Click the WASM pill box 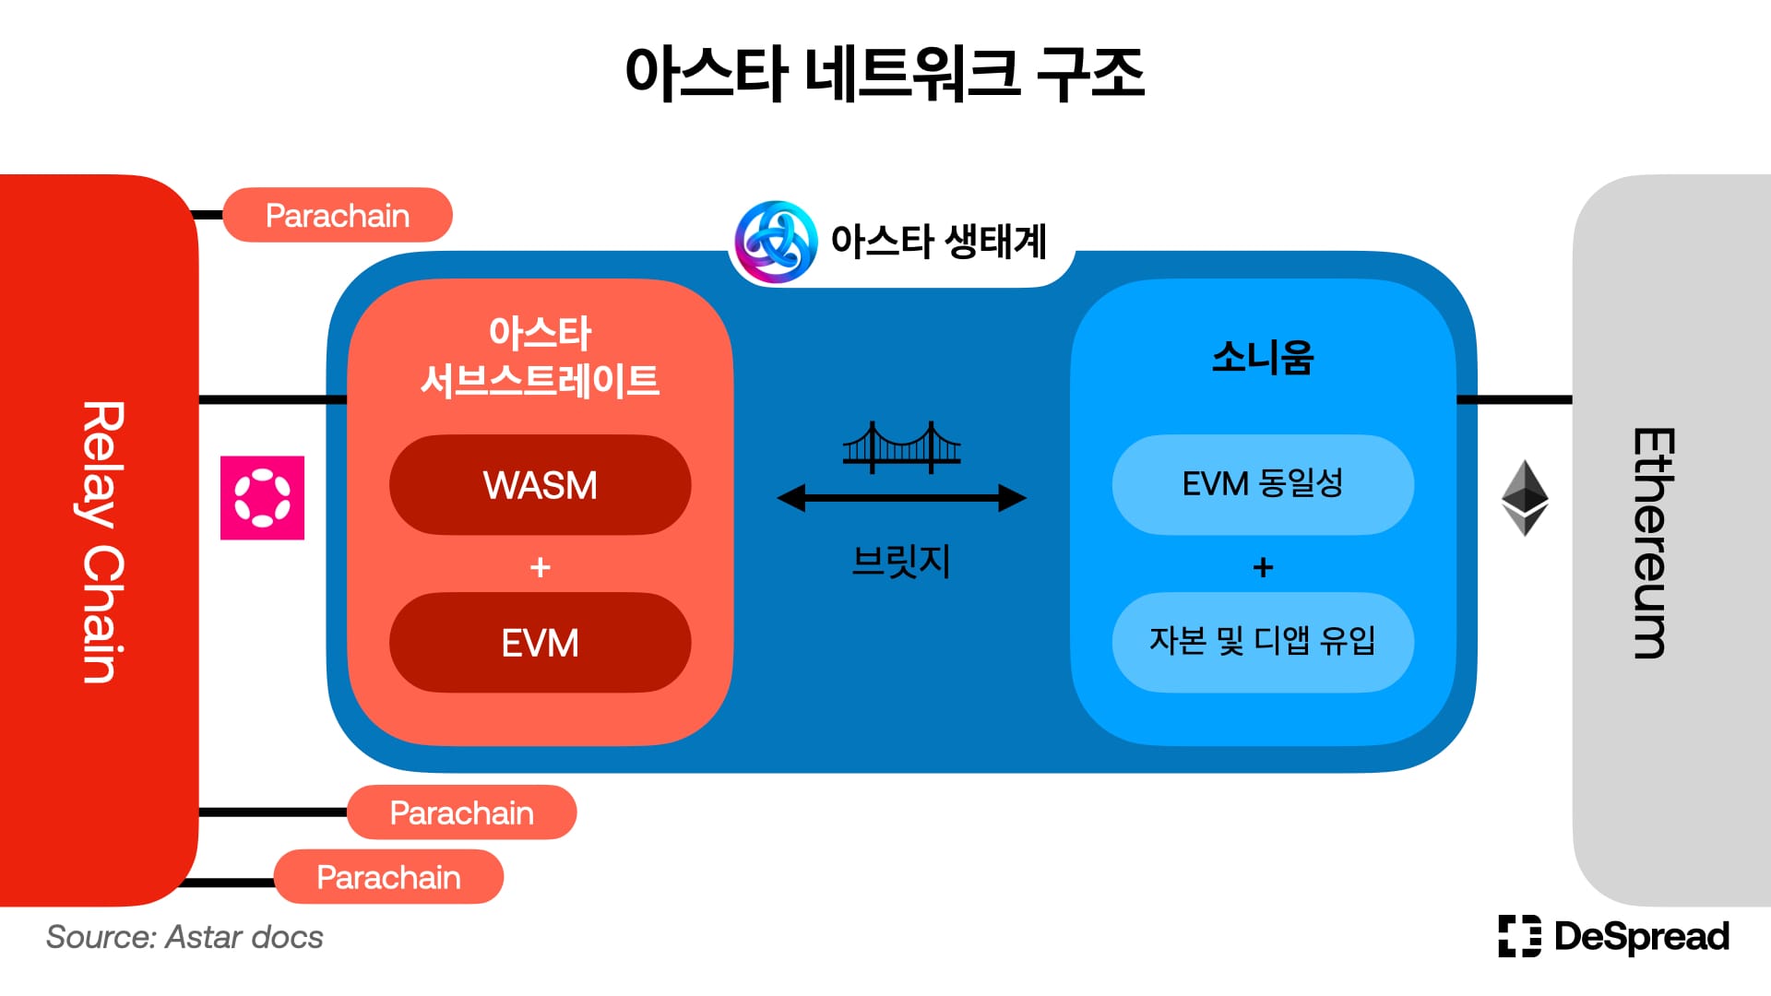coord(540,485)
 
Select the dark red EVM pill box coord(540,643)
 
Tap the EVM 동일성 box coord(1263,485)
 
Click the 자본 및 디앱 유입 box coord(1263,643)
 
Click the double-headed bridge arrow coord(901,498)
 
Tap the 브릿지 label coord(901,561)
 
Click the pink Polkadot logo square coord(262,498)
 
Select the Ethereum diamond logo coord(1525,498)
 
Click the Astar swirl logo coord(776,242)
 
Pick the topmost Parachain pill coord(338,215)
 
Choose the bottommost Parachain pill coord(388,877)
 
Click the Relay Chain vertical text coord(103,542)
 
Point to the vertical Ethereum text coord(1652,543)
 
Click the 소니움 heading coord(1263,357)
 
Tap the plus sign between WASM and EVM coord(541,566)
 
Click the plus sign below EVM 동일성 coord(1264,566)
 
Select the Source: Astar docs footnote coord(184,937)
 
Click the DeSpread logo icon coord(1519,936)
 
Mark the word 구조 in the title coord(1091,72)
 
